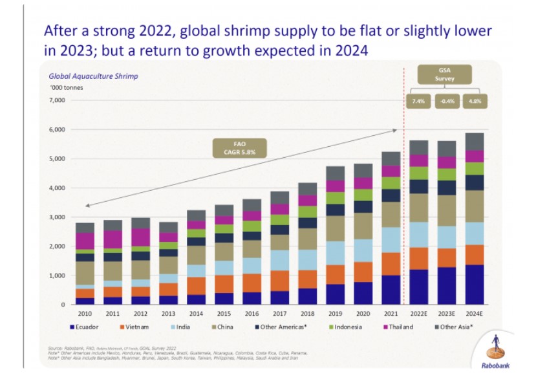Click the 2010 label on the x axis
(x=85, y=314)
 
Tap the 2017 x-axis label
(x=279, y=314)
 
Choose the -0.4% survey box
(x=445, y=101)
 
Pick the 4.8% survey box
(x=475, y=101)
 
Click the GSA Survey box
(x=445, y=73)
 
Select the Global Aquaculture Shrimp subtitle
(x=93, y=76)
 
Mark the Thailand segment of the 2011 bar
(x=113, y=239)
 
